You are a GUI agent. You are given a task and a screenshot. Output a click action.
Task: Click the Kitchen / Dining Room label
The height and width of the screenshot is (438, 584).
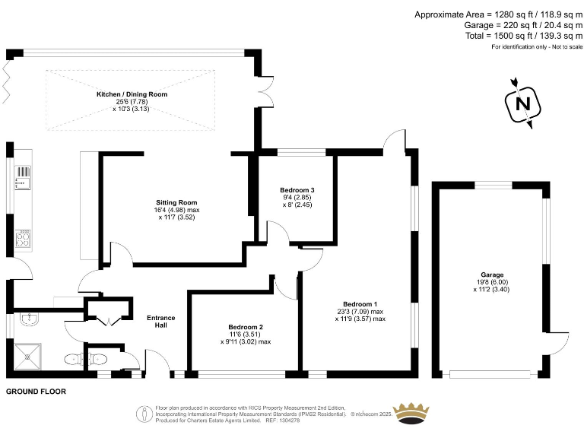(132, 94)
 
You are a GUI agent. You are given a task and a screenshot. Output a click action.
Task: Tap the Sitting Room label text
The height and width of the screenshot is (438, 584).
(177, 202)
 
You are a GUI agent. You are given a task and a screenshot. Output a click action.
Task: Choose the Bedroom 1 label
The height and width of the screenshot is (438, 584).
(360, 304)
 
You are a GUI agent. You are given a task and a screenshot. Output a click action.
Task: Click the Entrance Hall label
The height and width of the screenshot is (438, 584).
(160, 322)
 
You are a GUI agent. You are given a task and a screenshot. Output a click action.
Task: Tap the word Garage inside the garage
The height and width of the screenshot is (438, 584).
(492, 275)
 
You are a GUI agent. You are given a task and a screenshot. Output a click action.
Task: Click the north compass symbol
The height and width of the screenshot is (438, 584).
(522, 103)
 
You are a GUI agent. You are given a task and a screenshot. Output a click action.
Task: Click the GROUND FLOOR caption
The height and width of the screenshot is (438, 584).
(36, 392)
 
